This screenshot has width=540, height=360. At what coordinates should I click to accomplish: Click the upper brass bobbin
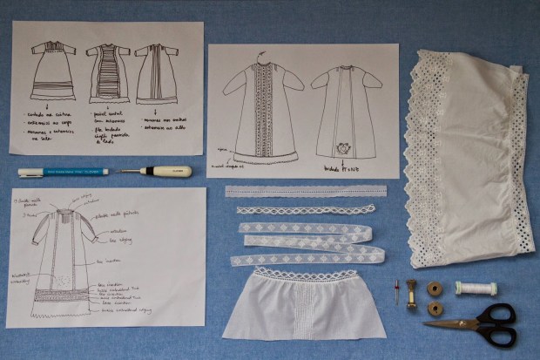(435, 287)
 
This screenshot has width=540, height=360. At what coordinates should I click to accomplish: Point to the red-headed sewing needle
(396, 292)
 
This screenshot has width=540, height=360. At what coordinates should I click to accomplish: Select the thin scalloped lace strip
(305, 210)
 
